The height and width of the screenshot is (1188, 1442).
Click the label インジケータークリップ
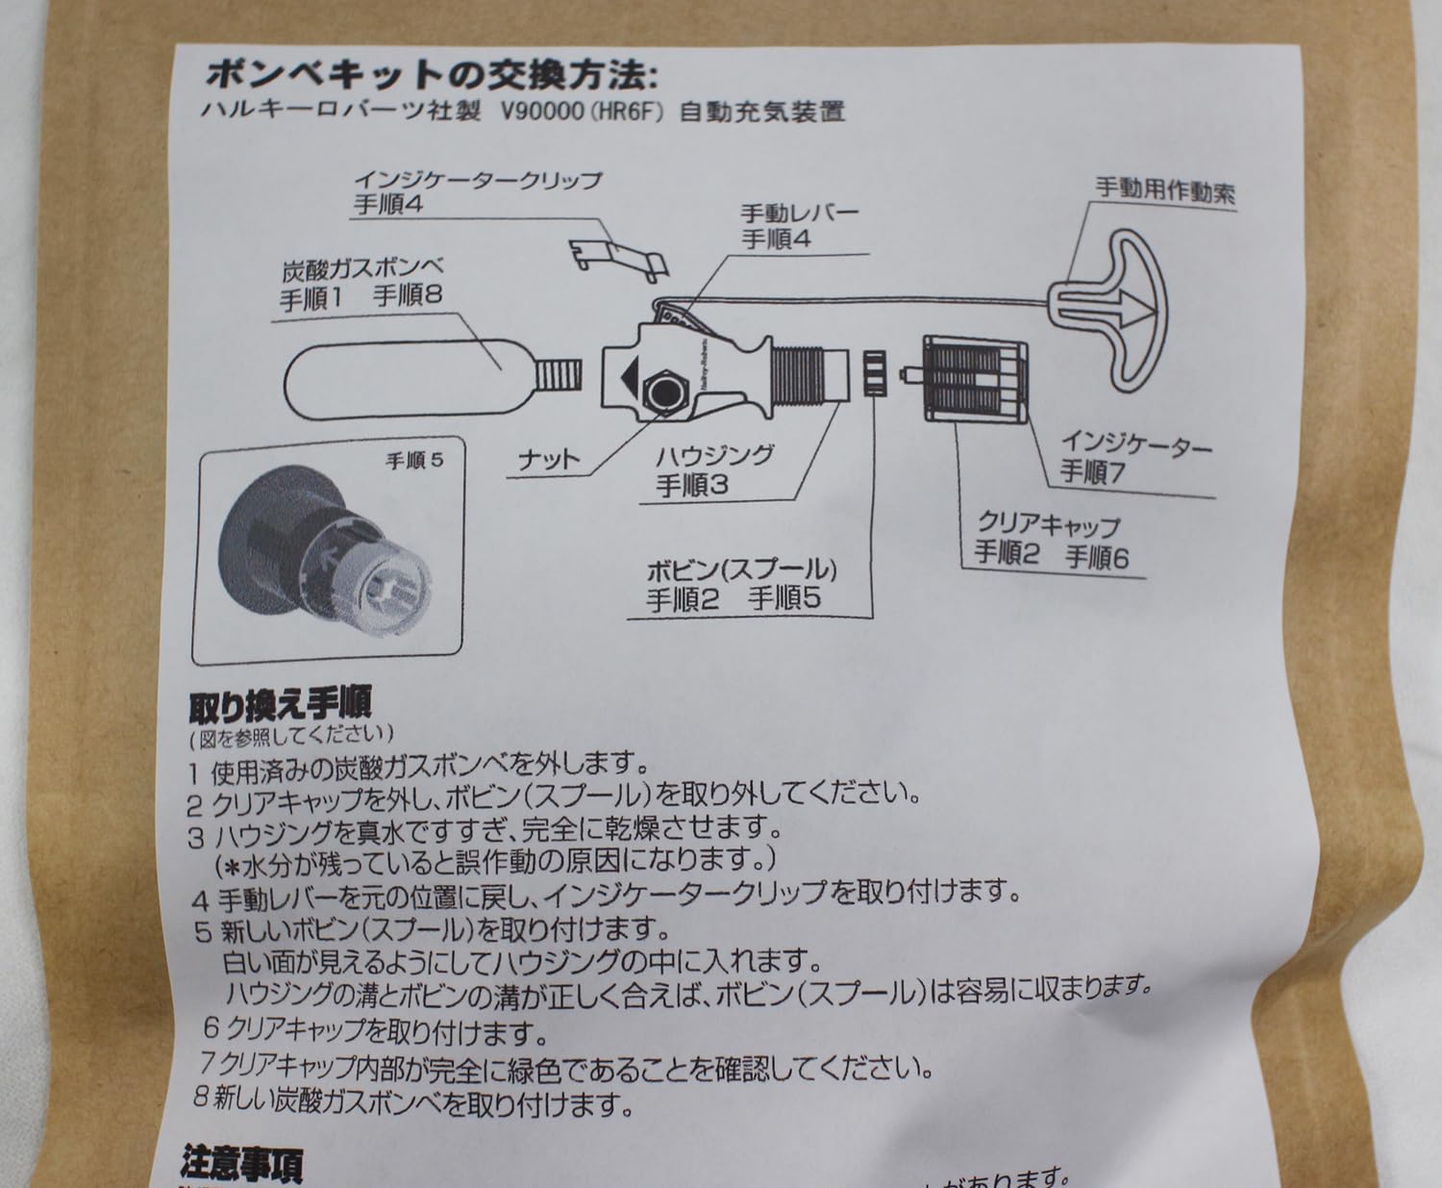477,180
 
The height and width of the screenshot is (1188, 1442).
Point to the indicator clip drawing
615,256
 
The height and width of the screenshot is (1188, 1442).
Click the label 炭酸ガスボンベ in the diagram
362,268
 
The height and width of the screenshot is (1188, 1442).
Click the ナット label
549,461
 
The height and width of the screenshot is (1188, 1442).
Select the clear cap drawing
973,380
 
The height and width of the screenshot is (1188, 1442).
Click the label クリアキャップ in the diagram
1048,525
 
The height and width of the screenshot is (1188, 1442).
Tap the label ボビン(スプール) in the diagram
741,569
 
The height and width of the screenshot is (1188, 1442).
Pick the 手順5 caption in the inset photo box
414,460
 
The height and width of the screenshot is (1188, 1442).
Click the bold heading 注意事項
241,1165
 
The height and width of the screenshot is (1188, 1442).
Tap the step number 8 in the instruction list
200,1098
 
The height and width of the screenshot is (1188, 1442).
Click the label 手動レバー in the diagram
799,212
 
